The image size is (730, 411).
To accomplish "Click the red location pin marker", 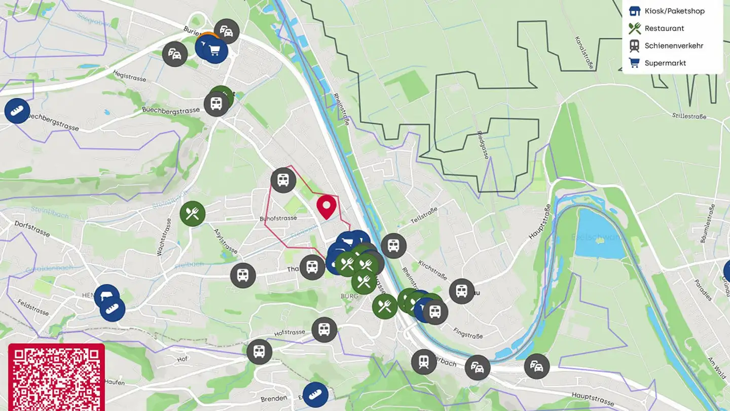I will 326,205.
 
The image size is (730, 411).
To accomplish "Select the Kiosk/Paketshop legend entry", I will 674,11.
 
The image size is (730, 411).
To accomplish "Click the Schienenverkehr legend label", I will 674,46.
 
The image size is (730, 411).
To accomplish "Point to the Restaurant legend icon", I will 634,28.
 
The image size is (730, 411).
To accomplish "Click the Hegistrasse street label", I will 129,76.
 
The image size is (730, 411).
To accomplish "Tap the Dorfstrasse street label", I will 32,228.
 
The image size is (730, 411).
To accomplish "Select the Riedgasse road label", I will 483,145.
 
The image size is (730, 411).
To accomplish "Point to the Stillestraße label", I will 689,116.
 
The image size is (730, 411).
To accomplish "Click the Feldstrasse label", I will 33,307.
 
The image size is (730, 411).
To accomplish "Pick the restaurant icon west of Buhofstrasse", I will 192,214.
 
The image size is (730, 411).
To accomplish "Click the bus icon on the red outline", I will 283,180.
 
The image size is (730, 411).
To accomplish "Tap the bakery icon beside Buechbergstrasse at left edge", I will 17,111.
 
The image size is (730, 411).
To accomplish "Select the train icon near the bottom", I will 424,362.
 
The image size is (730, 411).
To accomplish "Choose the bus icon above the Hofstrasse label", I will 324,330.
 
